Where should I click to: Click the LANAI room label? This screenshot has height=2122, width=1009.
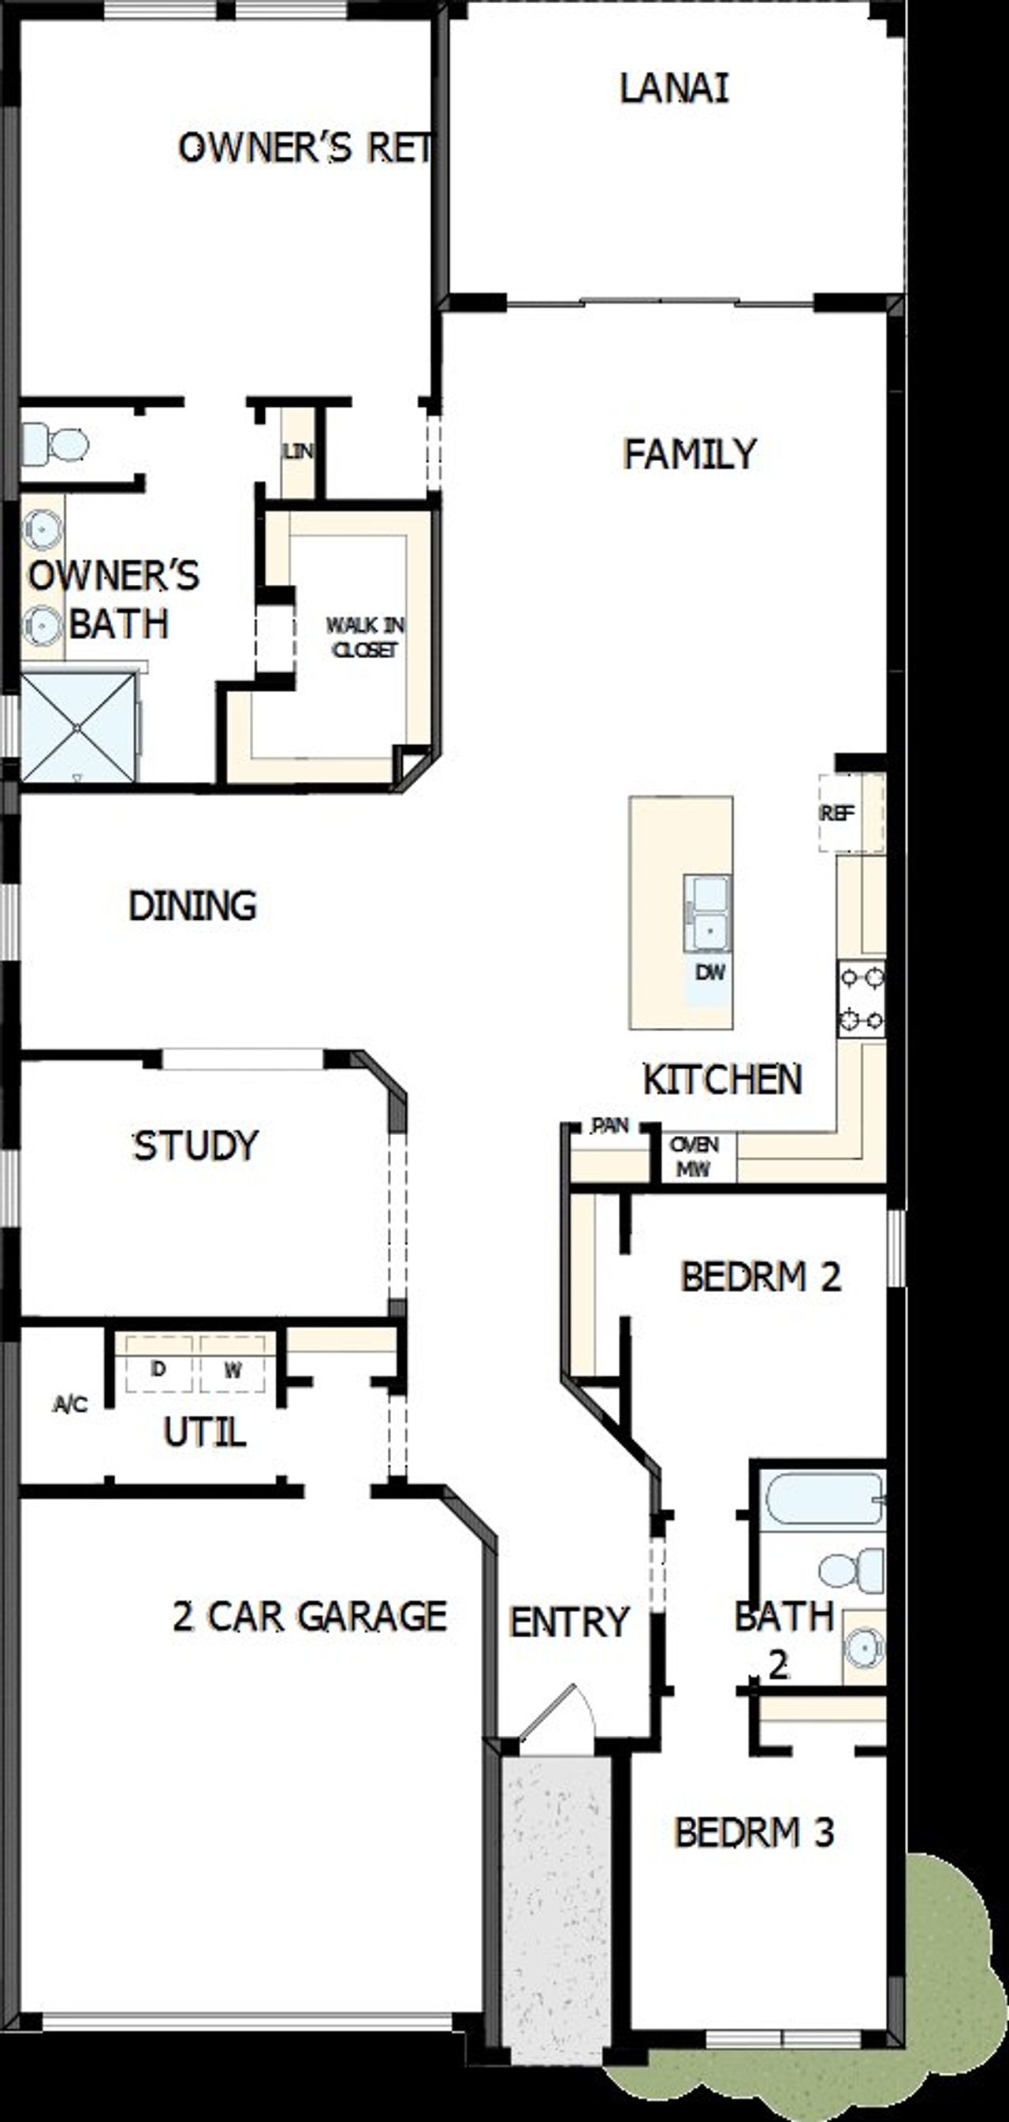674,89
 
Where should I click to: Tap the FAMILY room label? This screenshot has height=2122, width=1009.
690,454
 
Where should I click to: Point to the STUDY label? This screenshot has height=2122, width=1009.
196,1145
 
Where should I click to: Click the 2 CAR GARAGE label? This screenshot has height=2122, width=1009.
309,1615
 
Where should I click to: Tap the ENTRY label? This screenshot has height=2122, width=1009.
569,1622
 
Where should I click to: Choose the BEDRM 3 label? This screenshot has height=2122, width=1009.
754,1832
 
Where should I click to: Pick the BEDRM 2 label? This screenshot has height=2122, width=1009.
760,1277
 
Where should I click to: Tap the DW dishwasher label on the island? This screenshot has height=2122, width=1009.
709,972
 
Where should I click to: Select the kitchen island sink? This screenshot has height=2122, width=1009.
708,913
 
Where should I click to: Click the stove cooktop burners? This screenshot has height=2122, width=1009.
862,999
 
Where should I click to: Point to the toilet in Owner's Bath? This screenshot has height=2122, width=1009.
56,445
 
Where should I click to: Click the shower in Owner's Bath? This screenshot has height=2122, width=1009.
77,727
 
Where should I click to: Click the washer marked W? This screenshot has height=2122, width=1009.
233,1369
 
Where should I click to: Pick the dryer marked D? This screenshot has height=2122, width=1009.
158,1368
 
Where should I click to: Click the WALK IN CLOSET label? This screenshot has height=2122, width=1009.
365,637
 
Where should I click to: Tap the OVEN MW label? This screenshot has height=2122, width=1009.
694,1156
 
